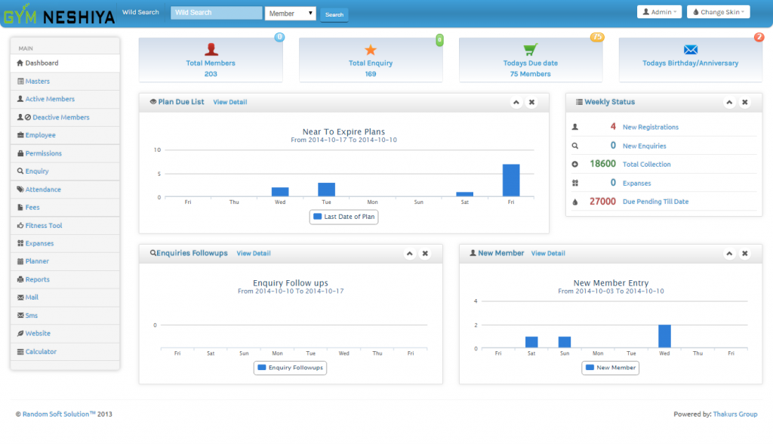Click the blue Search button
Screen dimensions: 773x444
tap(334, 14)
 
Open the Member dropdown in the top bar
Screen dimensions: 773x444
tap(291, 14)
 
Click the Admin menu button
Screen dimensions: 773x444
tap(659, 12)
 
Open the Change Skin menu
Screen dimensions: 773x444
tap(719, 12)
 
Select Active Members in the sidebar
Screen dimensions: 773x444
tap(50, 99)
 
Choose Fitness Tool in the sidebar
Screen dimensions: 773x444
tap(44, 226)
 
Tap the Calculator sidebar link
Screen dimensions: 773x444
tap(41, 352)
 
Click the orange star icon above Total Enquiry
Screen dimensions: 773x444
tap(370, 49)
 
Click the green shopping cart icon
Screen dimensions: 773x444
tap(531, 49)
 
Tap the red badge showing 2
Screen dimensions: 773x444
tap(759, 37)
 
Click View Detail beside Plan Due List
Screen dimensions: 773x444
tap(230, 102)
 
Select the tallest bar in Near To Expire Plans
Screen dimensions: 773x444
tap(511, 180)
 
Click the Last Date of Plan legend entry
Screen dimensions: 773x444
tap(344, 217)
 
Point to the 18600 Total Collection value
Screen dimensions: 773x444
tap(602, 164)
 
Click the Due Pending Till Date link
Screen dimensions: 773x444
tap(656, 202)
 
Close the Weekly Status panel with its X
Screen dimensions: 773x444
tap(745, 102)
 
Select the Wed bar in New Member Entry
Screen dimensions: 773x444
tap(664, 337)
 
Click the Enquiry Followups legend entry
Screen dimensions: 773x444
tap(291, 368)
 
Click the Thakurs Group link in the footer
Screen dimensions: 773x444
tap(735, 414)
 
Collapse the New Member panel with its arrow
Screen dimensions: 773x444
tap(729, 254)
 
